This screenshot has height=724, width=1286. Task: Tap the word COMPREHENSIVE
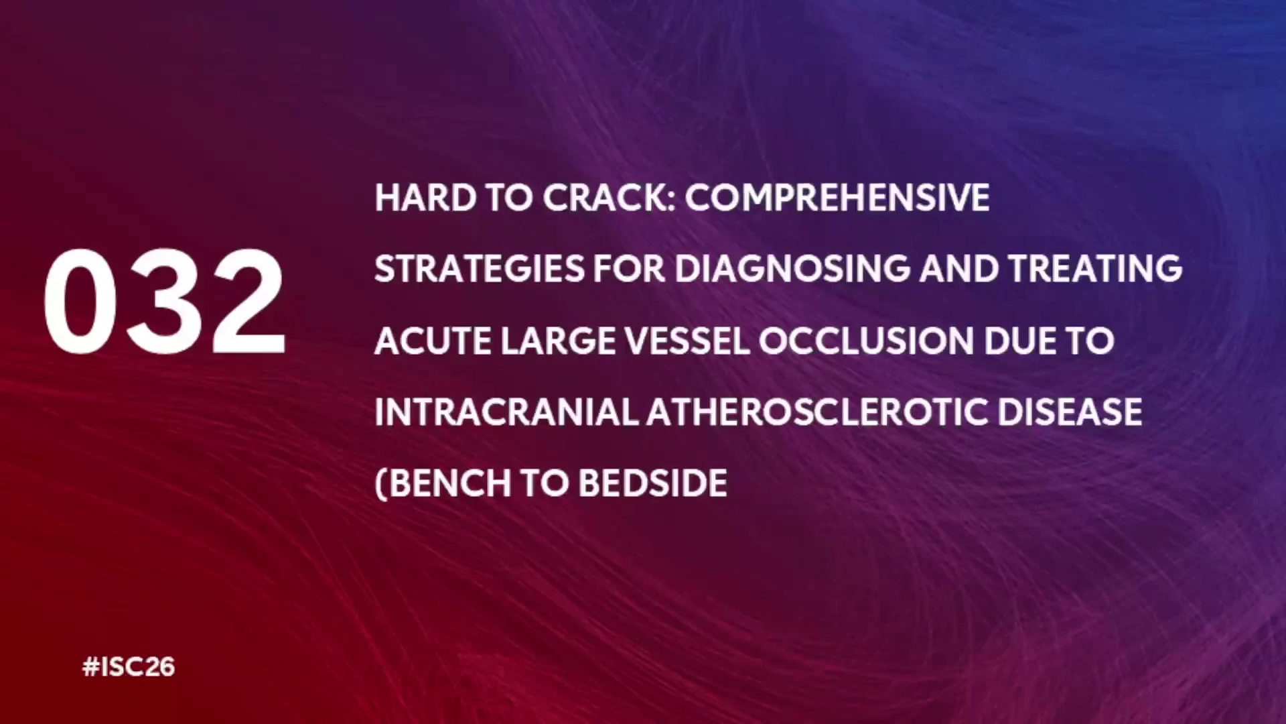point(837,198)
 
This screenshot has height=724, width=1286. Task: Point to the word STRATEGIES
point(480,269)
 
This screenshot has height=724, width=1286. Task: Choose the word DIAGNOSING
point(792,269)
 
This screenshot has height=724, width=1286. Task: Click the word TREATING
point(1096,269)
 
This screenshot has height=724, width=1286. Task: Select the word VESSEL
point(687,341)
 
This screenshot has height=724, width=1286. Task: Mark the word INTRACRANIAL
point(506,412)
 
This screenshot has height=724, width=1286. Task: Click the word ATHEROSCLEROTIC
point(818,412)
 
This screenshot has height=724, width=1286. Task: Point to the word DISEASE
point(1070,412)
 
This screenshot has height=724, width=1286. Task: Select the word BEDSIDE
point(652,483)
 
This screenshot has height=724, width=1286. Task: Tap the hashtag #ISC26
point(129,667)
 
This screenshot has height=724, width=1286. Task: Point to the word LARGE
point(558,341)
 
